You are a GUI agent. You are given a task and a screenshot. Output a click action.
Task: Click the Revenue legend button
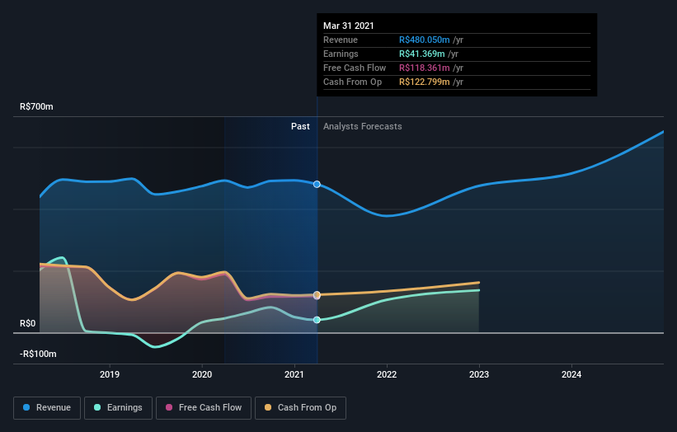point(48,407)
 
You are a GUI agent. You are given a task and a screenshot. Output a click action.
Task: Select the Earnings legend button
point(118,407)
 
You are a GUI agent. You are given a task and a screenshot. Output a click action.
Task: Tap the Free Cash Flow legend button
point(199,407)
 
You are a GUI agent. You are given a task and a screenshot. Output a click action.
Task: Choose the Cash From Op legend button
point(301,407)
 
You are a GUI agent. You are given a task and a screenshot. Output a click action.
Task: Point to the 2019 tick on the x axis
point(110,374)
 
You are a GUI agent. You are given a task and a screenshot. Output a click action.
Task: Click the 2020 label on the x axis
point(202,374)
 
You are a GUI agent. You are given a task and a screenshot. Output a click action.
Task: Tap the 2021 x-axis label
point(294,374)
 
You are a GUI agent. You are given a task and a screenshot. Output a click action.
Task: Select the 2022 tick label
point(387,374)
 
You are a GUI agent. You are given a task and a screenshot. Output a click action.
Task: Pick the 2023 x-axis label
point(479,374)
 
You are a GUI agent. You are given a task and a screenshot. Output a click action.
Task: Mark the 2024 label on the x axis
point(571,374)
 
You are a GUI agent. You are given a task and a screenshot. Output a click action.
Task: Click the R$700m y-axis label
point(37,107)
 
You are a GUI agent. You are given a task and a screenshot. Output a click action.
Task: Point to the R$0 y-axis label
point(28,323)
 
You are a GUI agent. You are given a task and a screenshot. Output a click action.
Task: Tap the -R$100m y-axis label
point(38,354)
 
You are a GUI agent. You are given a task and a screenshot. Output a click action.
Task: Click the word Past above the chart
point(300,126)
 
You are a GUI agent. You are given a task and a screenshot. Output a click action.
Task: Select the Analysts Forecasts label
point(363,126)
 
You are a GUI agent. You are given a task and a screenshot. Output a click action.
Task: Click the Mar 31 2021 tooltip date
point(349,26)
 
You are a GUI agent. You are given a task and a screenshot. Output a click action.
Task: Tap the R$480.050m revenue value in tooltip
point(425,40)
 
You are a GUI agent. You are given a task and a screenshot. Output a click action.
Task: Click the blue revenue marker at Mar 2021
point(317,184)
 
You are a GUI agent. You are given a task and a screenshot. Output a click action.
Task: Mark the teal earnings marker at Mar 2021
point(317,320)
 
